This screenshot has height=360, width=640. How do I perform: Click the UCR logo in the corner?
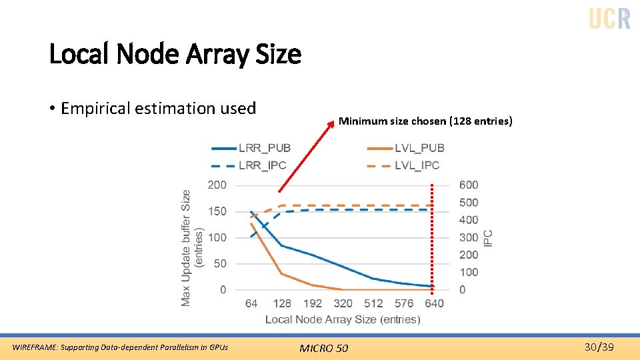pyautogui.click(x=609, y=19)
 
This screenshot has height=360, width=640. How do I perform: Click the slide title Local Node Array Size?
pyautogui.click(x=175, y=54)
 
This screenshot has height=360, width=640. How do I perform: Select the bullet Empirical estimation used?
pyautogui.click(x=158, y=109)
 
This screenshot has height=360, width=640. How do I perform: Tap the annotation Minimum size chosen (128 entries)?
pyautogui.click(x=425, y=121)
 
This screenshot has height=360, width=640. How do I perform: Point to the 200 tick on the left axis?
pyautogui.click(x=217, y=185)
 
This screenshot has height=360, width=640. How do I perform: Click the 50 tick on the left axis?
pyautogui.click(x=219, y=264)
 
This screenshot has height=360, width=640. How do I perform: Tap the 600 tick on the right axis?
pyautogui.click(x=469, y=185)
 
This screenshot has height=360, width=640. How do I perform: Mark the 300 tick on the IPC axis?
pyautogui.click(x=469, y=237)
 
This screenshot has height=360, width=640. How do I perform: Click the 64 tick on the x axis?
pyautogui.click(x=251, y=303)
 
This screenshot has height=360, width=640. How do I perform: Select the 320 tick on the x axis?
pyautogui.click(x=343, y=303)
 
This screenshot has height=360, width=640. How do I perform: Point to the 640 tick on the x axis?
pyautogui.click(x=433, y=303)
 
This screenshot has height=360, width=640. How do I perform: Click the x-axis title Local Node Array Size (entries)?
pyautogui.click(x=343, y=319)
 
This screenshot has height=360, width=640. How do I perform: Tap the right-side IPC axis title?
pyautogui.click(x=489, y=237)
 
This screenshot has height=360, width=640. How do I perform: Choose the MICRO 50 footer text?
pyautogui.click(x=323, y=347)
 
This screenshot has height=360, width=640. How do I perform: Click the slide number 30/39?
pyautogui.click(x=599, y=347)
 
